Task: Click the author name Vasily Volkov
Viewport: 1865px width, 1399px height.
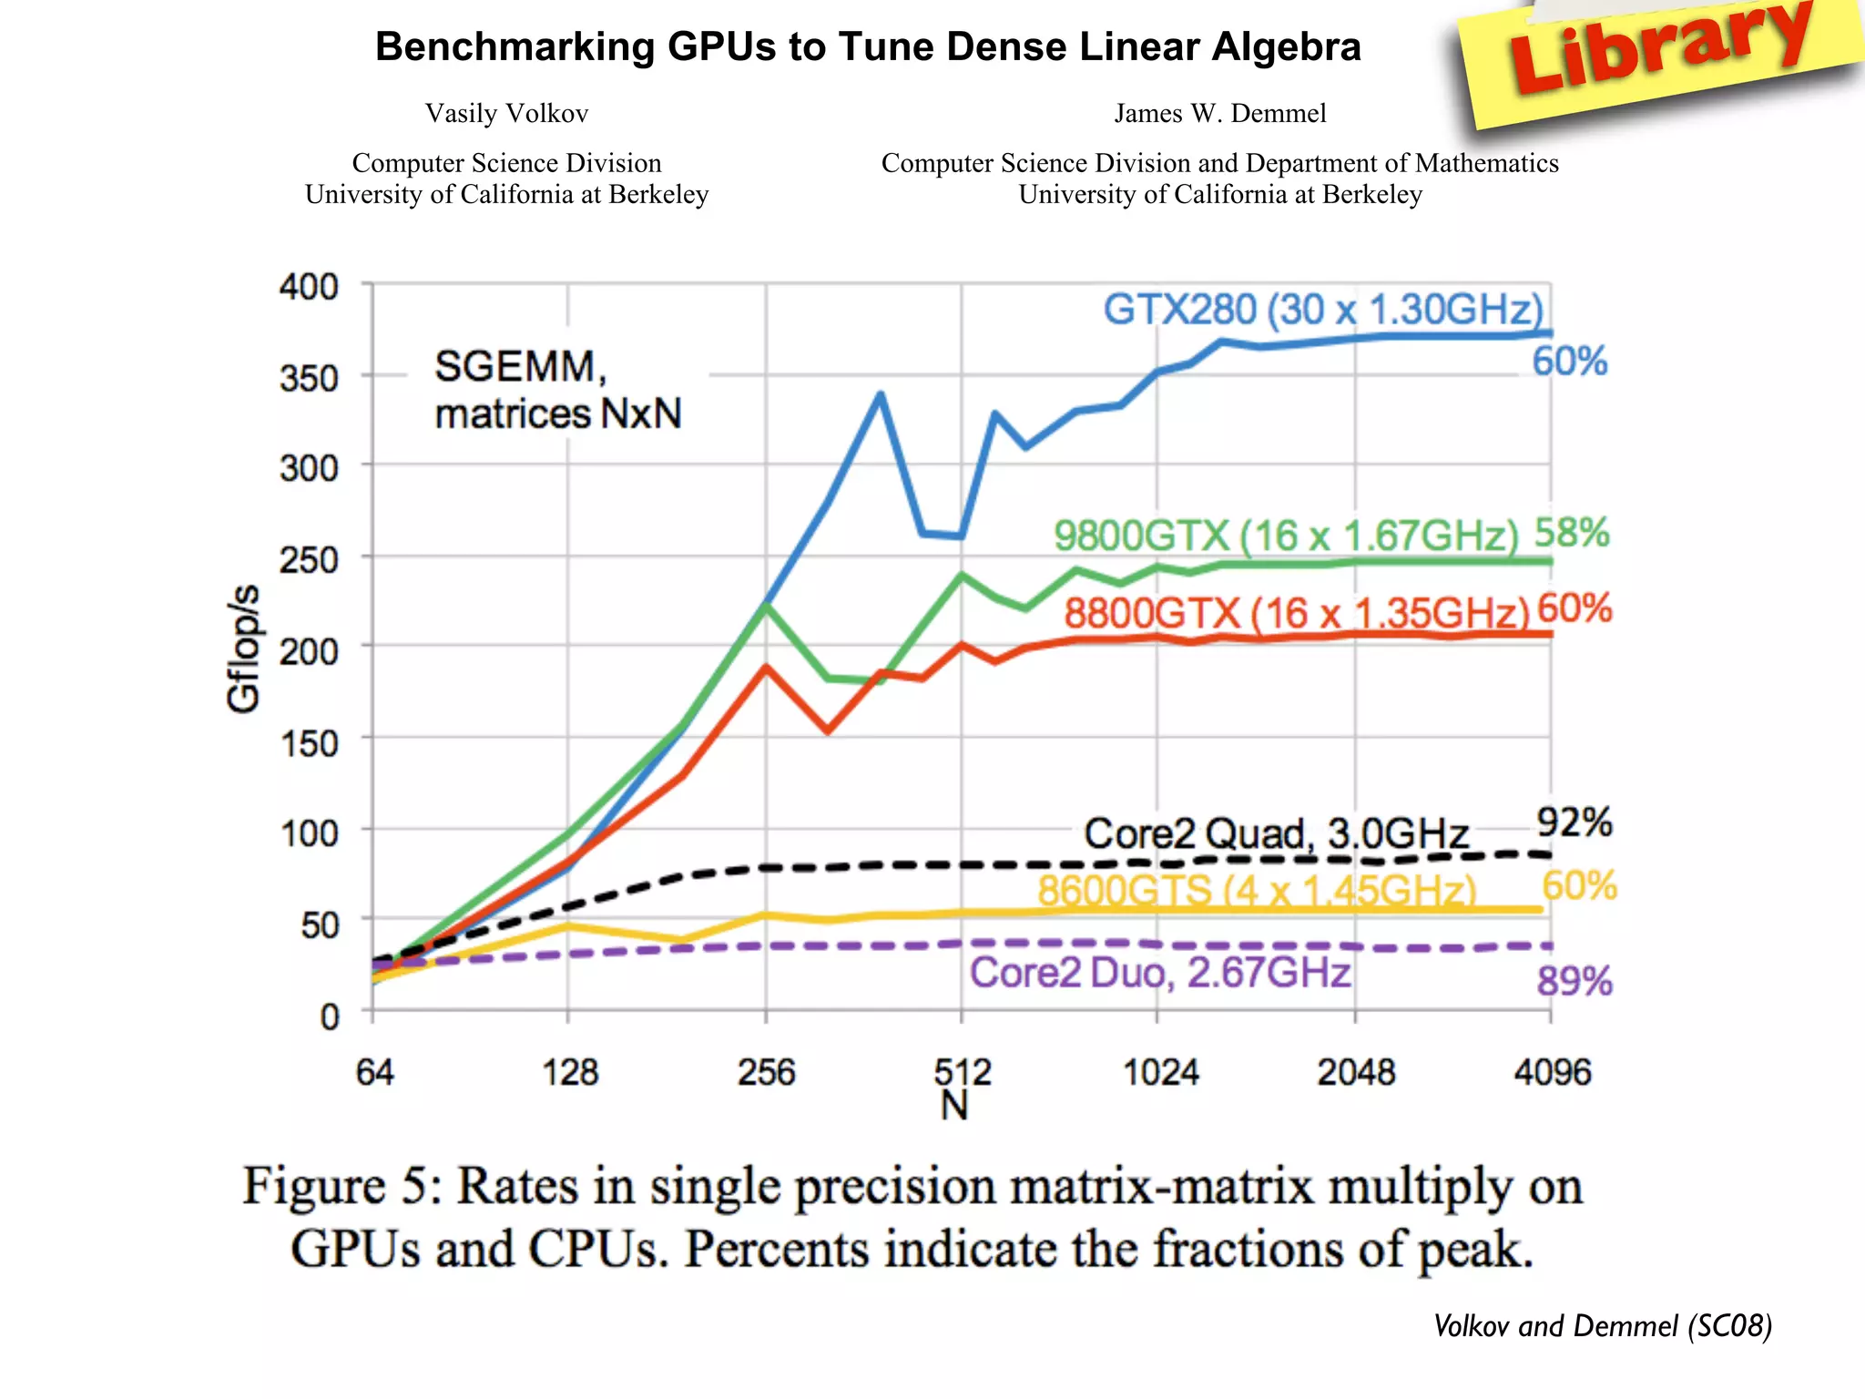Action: tap(506, 114)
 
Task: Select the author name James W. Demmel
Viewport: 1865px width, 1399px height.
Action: tap(1219, 114)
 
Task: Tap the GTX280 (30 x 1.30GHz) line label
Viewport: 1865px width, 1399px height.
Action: tap(1323, 310)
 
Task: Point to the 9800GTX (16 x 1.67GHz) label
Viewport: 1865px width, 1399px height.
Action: tap(1286, 536)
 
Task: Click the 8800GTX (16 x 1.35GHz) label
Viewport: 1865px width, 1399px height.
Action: tap(1296, 613)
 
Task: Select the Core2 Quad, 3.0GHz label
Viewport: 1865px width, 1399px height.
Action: tap(1276, 833)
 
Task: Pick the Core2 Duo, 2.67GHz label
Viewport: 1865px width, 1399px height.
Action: tap(1159, 973)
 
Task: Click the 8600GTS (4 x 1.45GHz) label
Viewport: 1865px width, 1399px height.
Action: tap(1257, 890)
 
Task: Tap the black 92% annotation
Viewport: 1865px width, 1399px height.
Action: tap(1574, 822)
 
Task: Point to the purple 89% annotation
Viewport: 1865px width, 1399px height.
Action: tap(1574, 982)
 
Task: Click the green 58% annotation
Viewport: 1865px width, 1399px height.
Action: tap(1572, 533)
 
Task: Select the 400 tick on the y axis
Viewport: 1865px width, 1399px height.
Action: tap(309, 287)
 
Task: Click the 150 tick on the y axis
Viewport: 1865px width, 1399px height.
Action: tap(309, 743)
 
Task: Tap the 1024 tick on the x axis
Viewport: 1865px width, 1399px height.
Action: tap(1159, 1072)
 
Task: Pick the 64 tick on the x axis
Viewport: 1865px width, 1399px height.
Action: tap(374, 1072)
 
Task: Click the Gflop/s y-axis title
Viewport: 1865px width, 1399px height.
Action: tap(243, 648)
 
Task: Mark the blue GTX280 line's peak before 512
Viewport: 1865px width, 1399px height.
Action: tap(880, 394)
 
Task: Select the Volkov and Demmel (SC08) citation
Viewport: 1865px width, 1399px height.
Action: tap(1602, 1325)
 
